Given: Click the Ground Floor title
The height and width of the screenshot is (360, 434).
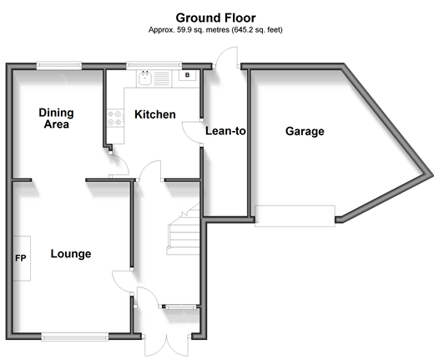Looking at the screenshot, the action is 215,18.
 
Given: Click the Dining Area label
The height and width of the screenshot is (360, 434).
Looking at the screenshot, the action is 56,119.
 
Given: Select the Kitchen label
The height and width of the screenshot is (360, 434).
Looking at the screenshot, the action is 155,114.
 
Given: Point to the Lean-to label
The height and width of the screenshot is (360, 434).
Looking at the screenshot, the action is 225,131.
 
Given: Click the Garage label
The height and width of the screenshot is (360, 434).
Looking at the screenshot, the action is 305,131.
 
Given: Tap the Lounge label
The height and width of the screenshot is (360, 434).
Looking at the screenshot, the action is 71,254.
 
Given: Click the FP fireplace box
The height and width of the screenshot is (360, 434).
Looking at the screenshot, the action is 22,258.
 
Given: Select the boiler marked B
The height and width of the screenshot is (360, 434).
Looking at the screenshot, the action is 187,75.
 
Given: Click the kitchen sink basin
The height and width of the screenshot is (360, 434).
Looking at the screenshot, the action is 144,78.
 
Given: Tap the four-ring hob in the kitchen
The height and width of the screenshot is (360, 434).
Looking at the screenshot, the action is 115,118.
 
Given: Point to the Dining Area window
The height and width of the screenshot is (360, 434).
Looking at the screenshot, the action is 59,66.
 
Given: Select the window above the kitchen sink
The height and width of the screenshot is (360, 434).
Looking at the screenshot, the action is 154,66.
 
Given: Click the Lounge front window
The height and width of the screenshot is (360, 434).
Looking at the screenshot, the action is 75,337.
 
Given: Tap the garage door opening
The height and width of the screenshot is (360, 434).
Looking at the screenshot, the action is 295,216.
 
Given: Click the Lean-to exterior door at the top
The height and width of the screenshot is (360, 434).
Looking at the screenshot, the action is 226,57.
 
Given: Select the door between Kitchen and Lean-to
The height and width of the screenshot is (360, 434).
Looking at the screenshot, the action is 193,133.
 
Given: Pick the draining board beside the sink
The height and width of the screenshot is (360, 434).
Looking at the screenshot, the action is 162,79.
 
